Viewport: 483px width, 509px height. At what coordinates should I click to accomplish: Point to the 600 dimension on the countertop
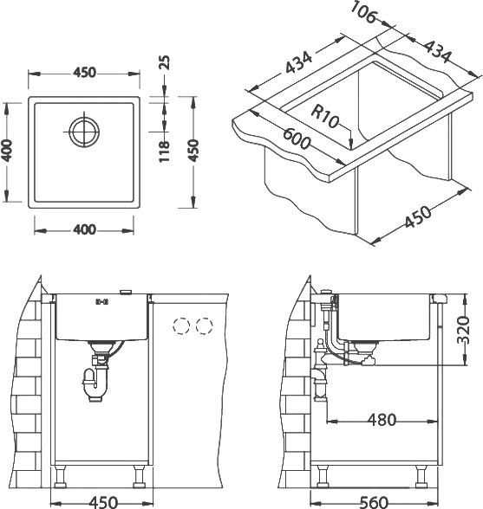[297, 141]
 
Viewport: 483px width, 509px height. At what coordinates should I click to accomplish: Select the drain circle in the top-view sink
[83, 132]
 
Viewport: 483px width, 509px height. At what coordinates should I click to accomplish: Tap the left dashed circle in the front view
[183, 326]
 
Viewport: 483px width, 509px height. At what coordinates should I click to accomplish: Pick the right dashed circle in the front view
[205, 326]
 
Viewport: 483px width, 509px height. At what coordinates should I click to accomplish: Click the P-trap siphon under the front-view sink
[92, 381]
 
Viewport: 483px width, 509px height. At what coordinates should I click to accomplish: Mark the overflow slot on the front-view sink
[101, 301]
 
